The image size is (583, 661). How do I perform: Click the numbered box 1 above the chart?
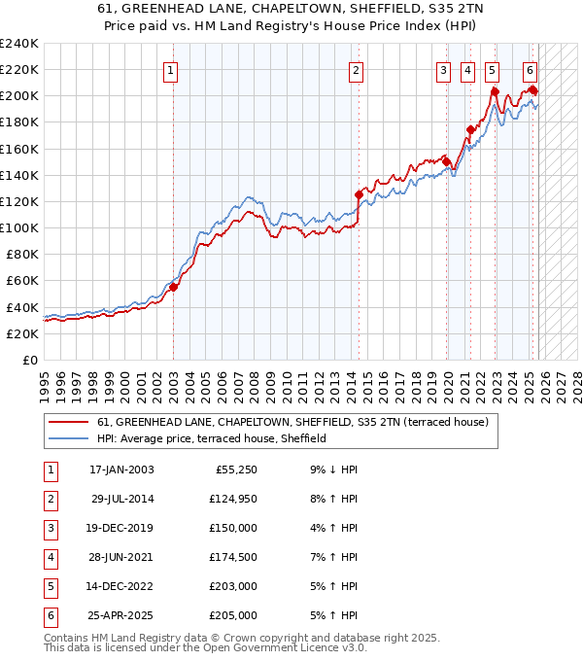tap(171, 69)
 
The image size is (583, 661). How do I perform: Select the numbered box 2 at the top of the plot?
tap(357, 69)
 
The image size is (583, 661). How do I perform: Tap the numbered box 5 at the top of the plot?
tap(492, 69)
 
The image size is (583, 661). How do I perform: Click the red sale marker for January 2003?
tap(173, 287)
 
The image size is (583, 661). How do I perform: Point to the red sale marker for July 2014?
tap(359, 194)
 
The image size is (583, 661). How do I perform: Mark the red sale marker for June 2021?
tap(470, 129)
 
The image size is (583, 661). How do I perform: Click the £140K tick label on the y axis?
tap(18, 175)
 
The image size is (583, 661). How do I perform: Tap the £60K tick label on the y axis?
tap(21, 280)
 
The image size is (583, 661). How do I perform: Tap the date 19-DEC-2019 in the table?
tap(121, 530)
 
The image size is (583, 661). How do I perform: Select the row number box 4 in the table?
tap(49, 559)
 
